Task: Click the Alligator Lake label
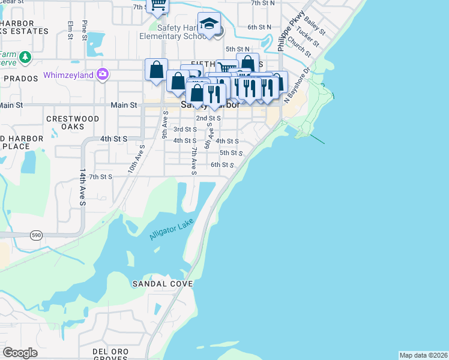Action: [172, 228]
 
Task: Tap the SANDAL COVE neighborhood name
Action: [162, 283]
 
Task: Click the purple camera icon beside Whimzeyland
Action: [103, 74]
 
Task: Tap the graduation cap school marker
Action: [209, 24]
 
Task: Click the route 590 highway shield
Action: [34, 235]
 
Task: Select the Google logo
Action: [20, 352]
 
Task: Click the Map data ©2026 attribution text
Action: [423, 355]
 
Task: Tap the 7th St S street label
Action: [100, 177]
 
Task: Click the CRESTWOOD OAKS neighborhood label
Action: [73, 123]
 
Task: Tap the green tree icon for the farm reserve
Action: [25, 57]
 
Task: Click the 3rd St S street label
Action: [185, 129]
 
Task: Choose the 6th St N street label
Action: [259, 28]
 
